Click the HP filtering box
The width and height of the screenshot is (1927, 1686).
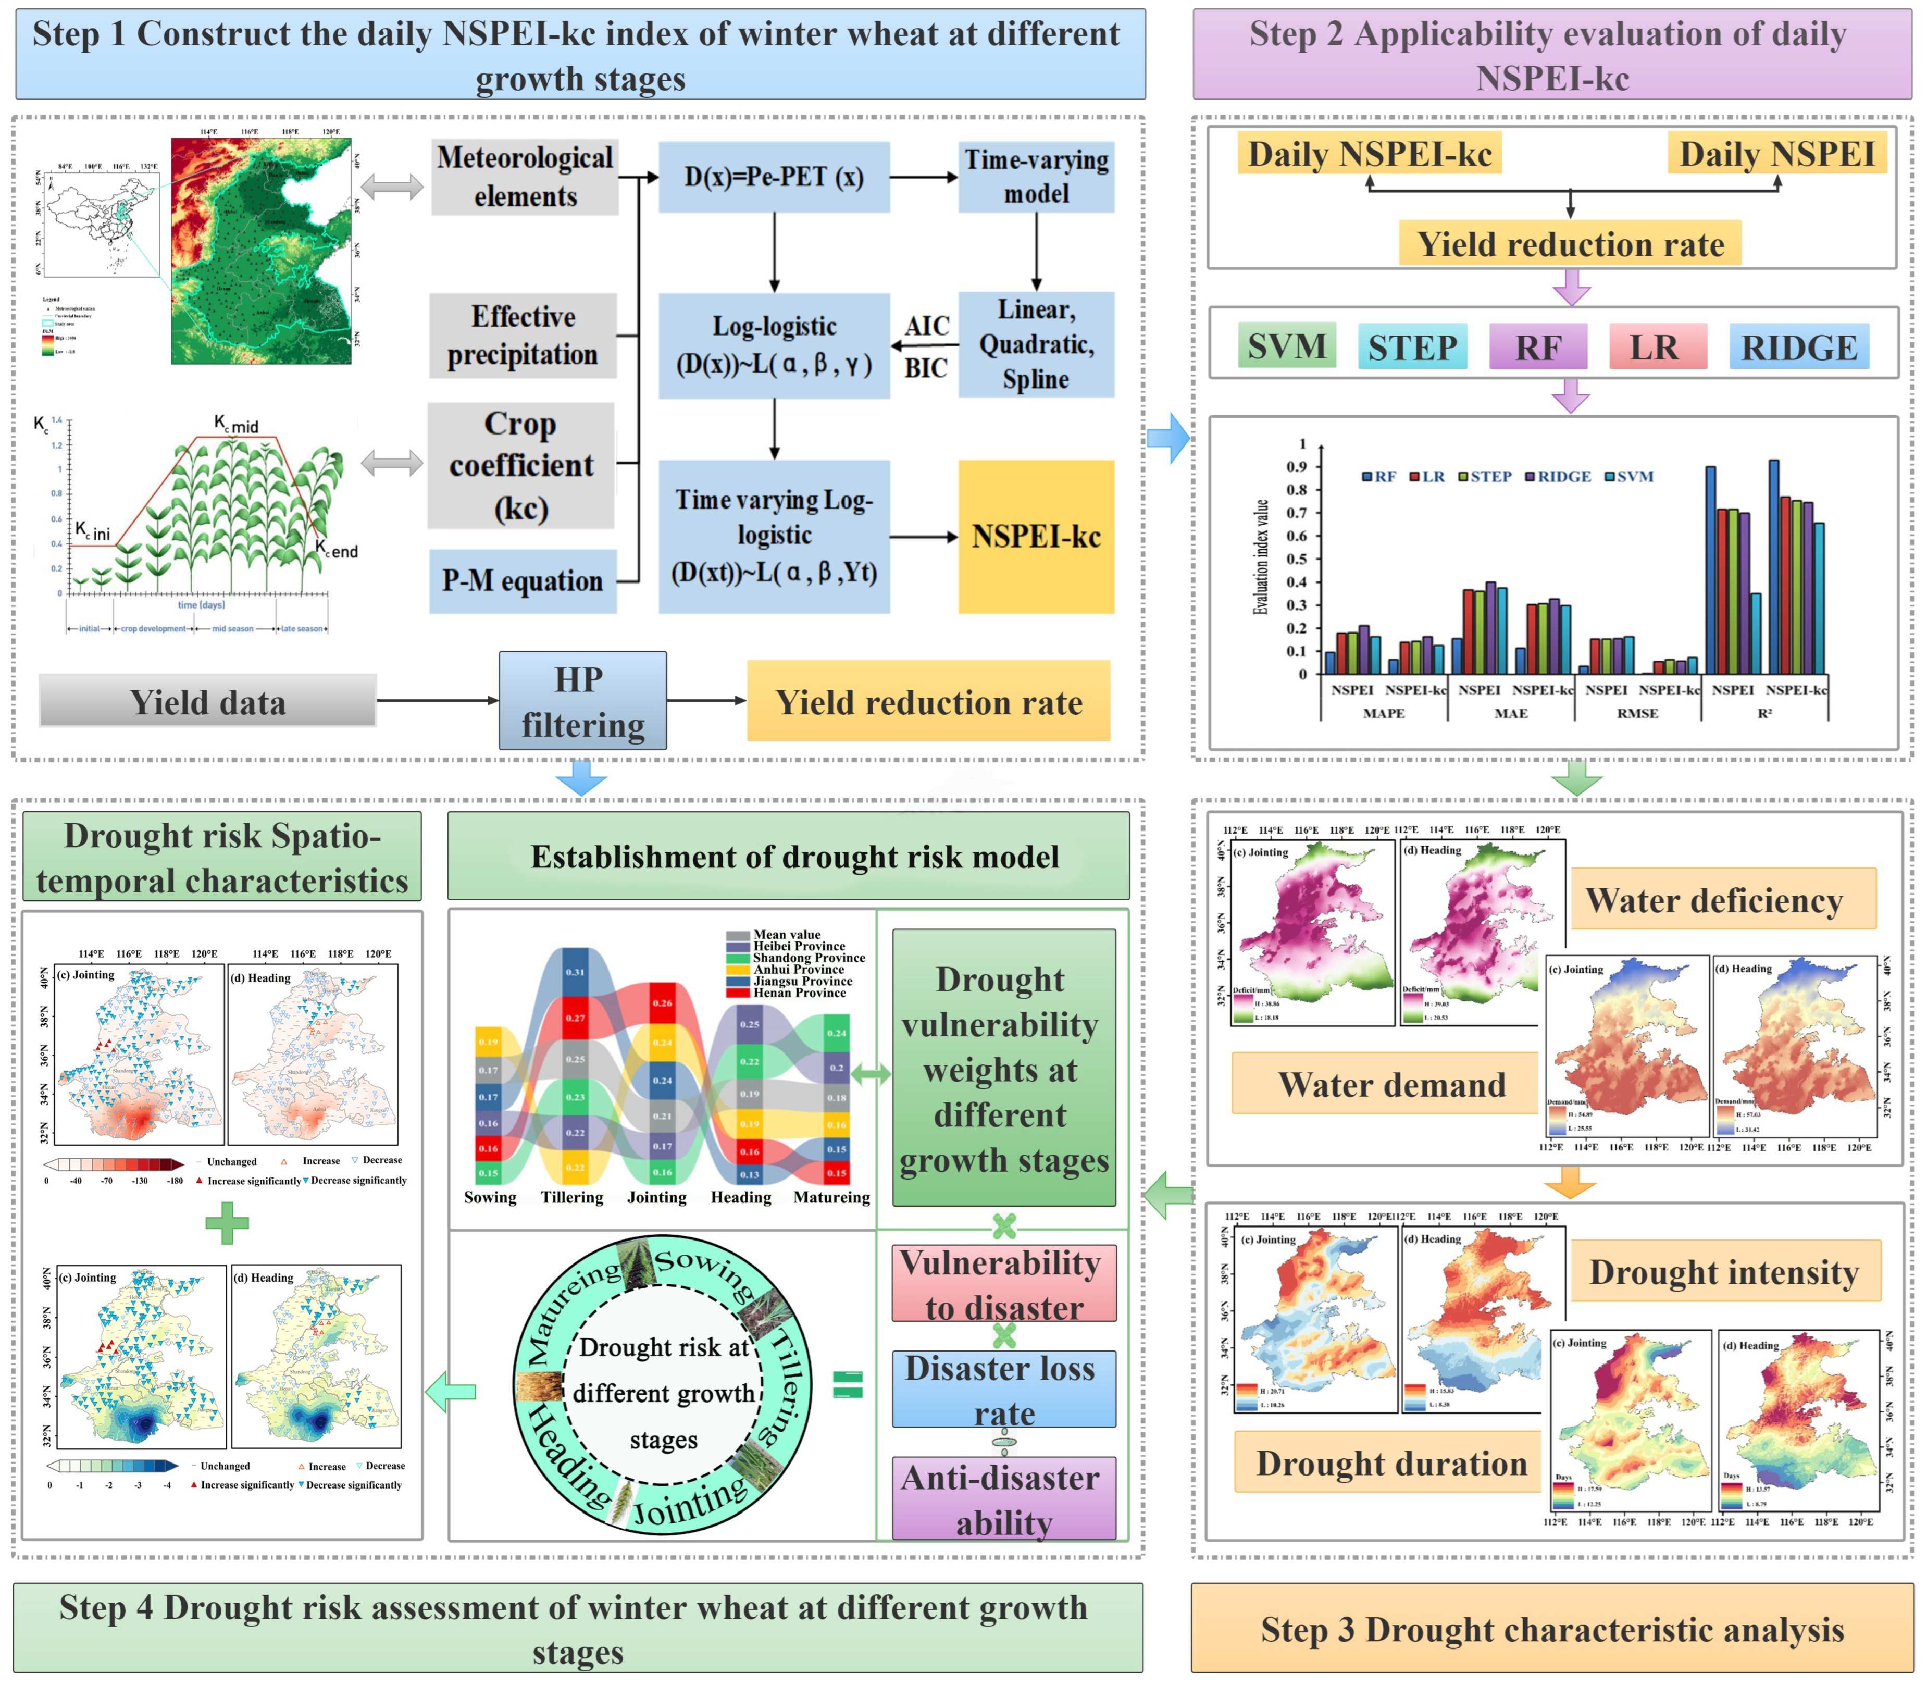pos(582,701)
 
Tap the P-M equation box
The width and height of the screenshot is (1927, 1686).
pos(523,581)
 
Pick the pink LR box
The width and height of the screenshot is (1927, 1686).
pos(1656,347)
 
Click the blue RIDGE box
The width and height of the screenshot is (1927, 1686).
pos(1799,347)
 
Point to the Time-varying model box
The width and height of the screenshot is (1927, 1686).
pos(1036,176)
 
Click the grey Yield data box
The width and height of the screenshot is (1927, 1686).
pos(208,702)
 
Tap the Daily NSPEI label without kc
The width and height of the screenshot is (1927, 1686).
pos(1776,153)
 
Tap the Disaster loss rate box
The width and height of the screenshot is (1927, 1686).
pos(1003,1390)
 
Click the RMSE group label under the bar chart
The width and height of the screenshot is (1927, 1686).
pos(1637,713)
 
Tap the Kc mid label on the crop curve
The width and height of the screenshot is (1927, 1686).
pos(235,424)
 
